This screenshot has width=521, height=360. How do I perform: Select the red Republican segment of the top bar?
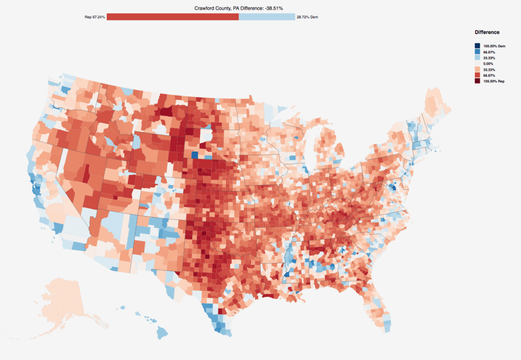(172, 17)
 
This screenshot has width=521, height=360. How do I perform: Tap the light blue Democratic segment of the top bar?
(267, 17)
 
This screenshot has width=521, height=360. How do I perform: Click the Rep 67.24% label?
(95, 17)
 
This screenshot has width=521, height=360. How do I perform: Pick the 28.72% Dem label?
(308, 17)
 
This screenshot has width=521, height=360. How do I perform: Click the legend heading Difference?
(487, 32)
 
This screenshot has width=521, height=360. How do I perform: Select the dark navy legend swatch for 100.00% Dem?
(477, 46)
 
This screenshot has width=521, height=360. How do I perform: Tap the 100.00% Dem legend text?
(494, 46)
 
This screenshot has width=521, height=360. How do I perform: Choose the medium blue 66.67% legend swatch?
(477, 52)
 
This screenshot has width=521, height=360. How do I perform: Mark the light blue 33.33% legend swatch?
(477, 58)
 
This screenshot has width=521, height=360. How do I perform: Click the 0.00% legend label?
(489, 64)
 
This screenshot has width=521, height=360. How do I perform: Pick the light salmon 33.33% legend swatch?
(477, 69)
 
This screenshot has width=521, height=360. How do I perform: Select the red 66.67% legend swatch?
(477, 75)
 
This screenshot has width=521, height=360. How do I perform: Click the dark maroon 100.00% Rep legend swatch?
(477, 81)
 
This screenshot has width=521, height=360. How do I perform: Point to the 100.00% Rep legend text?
(494, 81)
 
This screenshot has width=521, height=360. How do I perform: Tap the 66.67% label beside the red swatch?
(489, 75)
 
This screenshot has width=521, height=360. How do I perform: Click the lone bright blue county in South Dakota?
(194, 155)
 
